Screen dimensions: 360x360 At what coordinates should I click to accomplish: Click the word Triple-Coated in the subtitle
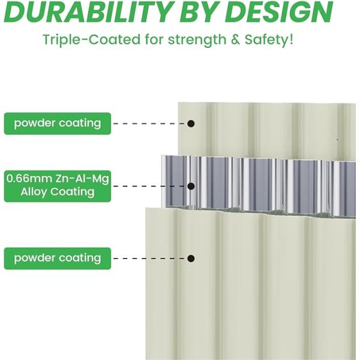91,40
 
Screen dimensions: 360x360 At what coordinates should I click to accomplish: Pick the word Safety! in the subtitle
269,40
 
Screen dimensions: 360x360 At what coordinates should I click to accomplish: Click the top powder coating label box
58,124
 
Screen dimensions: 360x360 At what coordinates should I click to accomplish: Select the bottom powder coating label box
58,259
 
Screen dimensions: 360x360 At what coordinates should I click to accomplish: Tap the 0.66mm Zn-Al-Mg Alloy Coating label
58,186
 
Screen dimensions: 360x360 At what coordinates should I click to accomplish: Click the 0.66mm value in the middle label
29,178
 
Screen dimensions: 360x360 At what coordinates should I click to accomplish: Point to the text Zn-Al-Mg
82,179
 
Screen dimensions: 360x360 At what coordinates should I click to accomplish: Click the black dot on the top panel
191,124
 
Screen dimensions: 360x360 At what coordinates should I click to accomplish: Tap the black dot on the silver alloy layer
191,186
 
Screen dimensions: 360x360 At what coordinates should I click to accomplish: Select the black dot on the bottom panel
191,259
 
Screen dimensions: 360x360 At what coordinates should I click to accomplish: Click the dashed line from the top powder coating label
149,124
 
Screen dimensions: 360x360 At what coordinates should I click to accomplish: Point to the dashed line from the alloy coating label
149,186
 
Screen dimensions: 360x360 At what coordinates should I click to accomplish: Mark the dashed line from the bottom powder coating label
149,259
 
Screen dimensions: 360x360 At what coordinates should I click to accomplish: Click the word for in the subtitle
154,40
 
